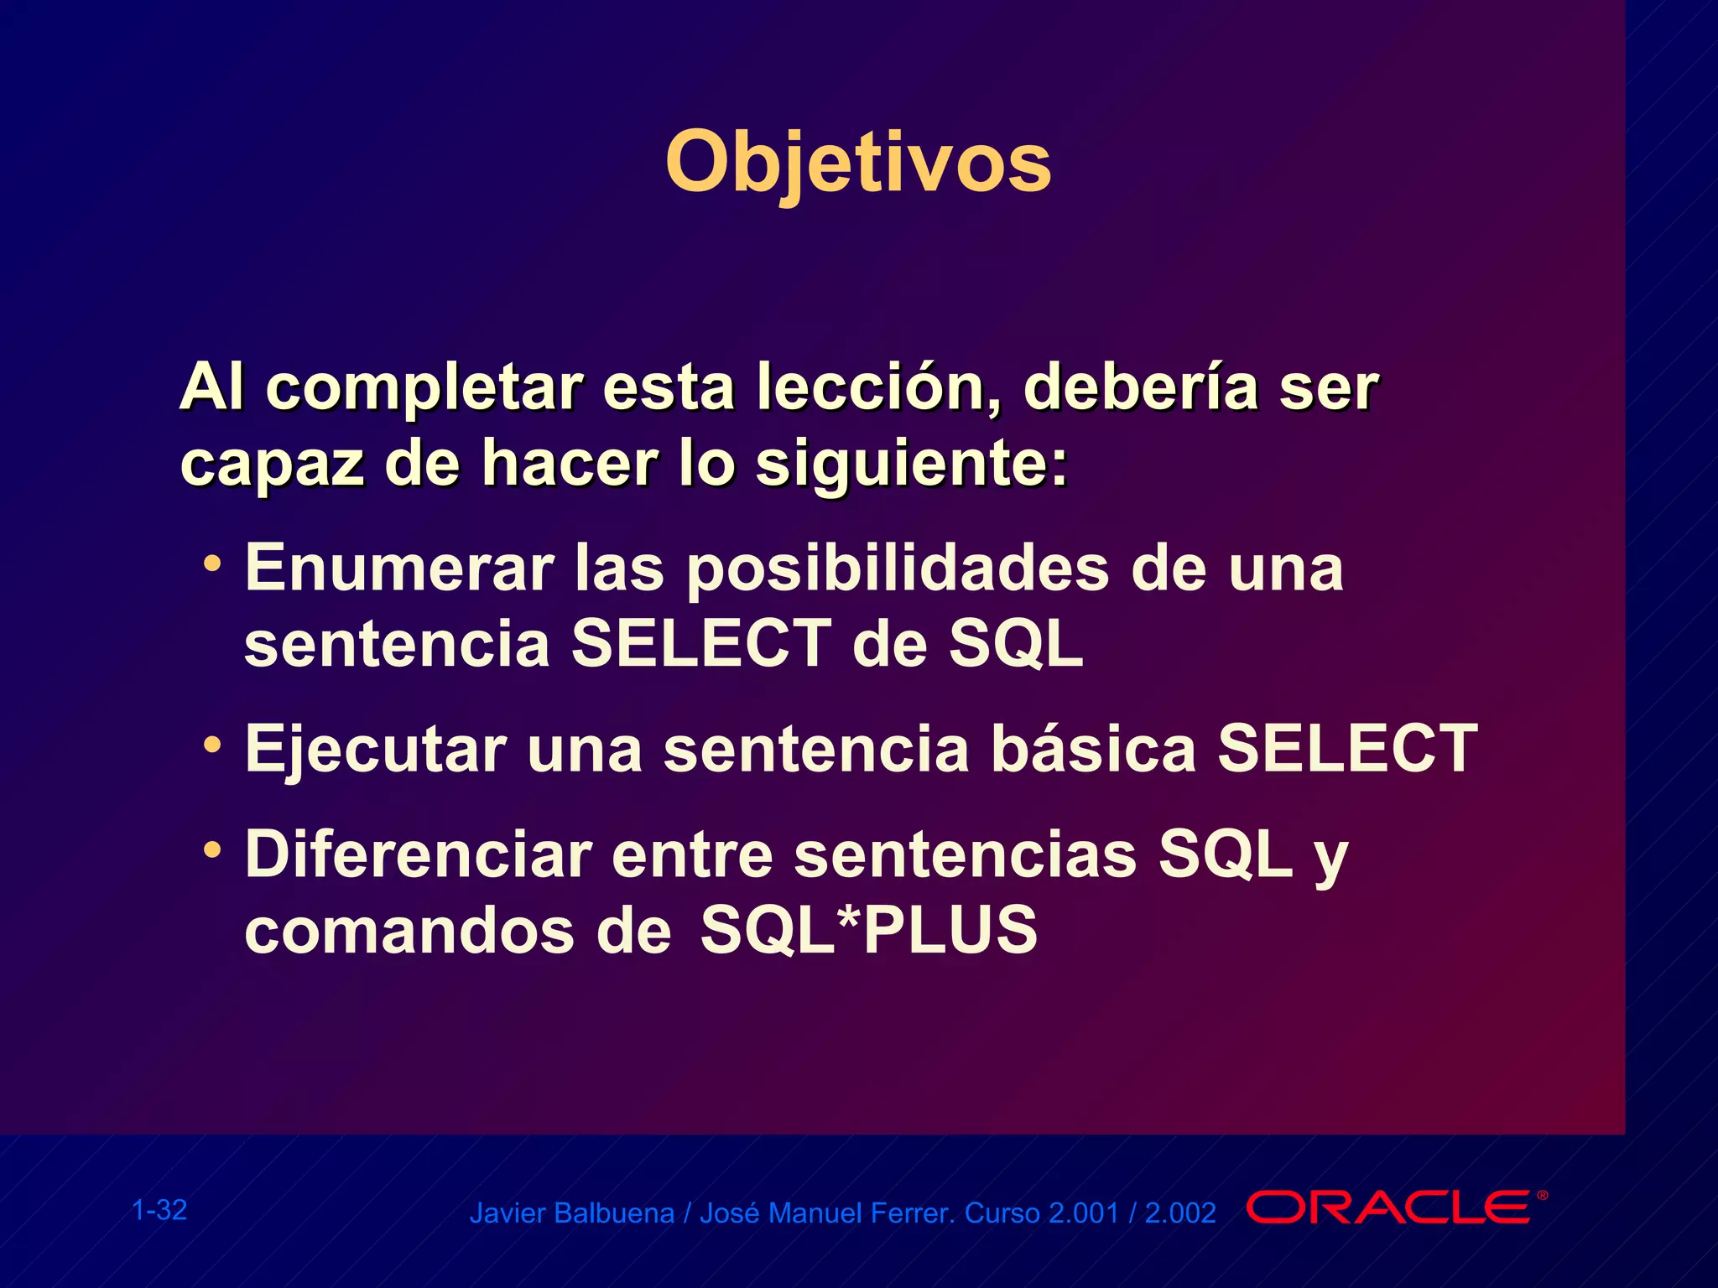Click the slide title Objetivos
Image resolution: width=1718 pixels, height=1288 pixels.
857,162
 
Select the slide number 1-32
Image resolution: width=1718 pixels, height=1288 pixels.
159,1210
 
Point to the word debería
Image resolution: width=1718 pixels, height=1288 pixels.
1140,387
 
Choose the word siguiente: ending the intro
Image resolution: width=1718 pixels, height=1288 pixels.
912,464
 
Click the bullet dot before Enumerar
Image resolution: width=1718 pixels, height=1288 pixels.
213,561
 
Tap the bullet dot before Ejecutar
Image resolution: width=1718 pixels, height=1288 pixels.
213,743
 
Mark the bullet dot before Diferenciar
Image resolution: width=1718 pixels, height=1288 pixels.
213,849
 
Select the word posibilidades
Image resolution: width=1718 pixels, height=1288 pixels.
898,569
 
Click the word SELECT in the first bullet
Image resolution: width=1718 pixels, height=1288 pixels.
701,644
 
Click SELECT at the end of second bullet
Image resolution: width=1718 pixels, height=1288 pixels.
1347,749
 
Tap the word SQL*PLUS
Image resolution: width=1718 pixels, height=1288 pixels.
869,930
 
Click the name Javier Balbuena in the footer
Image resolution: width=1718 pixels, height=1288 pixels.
571,1213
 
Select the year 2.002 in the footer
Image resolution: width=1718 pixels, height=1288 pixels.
1179,1213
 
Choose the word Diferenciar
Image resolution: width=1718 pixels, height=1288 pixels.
419,855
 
